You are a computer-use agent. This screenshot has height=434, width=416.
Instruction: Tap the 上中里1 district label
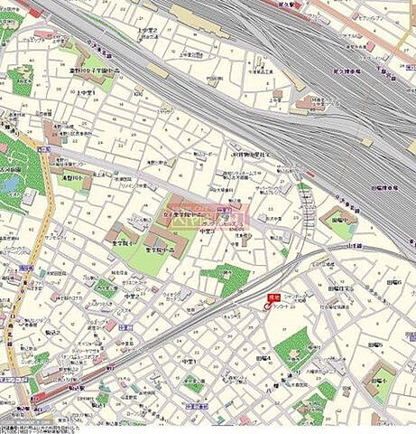click(x=87, y=93)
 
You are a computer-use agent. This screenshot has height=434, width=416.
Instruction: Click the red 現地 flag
click(x=273, y=297)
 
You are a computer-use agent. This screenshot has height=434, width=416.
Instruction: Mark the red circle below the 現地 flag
click(x=267, y=307)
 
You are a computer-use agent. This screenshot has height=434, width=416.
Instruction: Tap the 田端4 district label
click(x=263, y=358)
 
